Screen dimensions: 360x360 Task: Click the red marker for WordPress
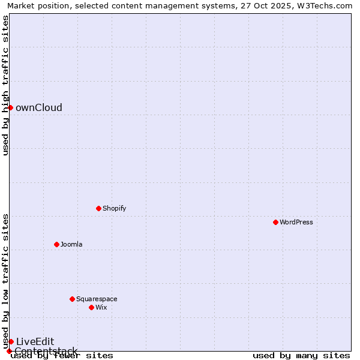[x=275, y=222]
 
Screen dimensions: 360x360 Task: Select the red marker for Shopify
[x=98, y=208]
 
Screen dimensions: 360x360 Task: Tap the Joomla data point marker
[x=56, y=244]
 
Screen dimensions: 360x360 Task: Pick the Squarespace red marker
[x=72, y=299]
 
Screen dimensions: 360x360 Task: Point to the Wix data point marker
[x=91, y=307]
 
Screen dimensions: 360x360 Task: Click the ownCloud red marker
[x=10, y=107]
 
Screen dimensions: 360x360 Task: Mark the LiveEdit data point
[x=11, y=341]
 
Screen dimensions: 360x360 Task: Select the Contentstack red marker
[x=9, y=351]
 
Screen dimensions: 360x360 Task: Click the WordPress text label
[x=296, y=222]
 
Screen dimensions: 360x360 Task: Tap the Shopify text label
[x=114, y=208]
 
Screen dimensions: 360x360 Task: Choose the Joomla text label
[x=71, y=244]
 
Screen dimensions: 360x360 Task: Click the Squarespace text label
[x=97, y=299]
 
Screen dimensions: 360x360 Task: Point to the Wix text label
[x=101, y=307]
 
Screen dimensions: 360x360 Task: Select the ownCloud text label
[x=38, y=108]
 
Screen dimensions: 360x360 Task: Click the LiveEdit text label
[x=35, y=342]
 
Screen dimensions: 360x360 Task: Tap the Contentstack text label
[x=46, y=351]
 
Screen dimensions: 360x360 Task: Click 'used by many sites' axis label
[x=301, y=355]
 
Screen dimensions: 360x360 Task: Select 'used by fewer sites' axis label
[x=62, y=355]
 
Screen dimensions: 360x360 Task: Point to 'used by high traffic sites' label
[x=6, y=85]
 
